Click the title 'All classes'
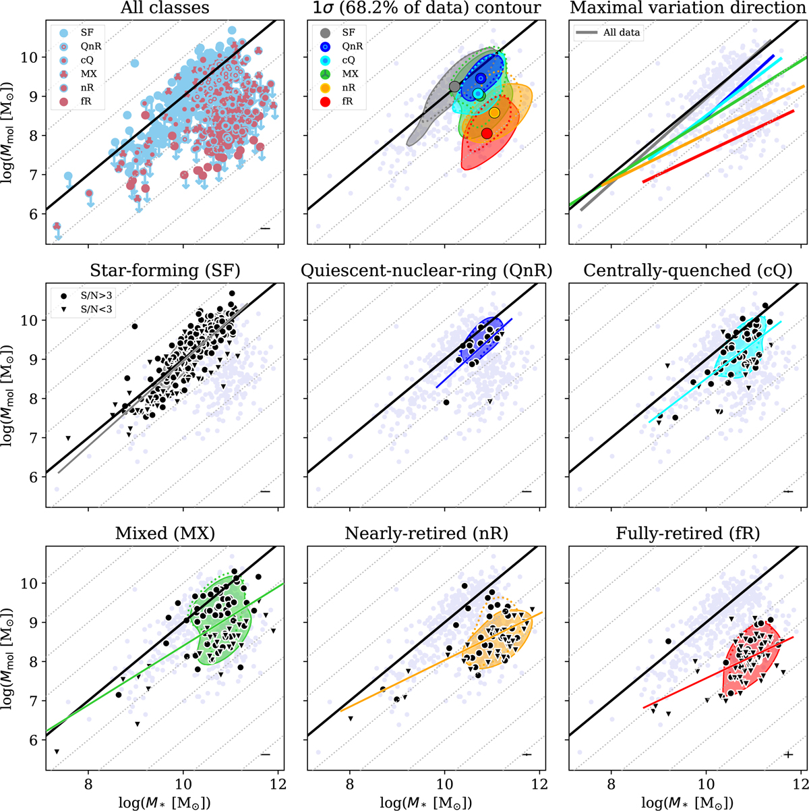click(x=164, y=8)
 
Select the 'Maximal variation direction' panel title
click(x=688, y=8)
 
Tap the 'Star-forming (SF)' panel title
click(x=165, y=271)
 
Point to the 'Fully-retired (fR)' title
click(x=688, y=534)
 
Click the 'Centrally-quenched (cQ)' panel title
click(x=688, y=271)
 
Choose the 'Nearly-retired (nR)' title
click(x=426, y=534)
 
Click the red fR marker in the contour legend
click(x=326, y=102)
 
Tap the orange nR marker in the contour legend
click(x=326, y=88)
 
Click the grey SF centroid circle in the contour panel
click(x=454, y=86)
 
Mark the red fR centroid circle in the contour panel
click(x=487, y=133)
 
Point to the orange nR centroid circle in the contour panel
click(x=494, y=113)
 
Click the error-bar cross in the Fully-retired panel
click(x=788, y=754)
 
